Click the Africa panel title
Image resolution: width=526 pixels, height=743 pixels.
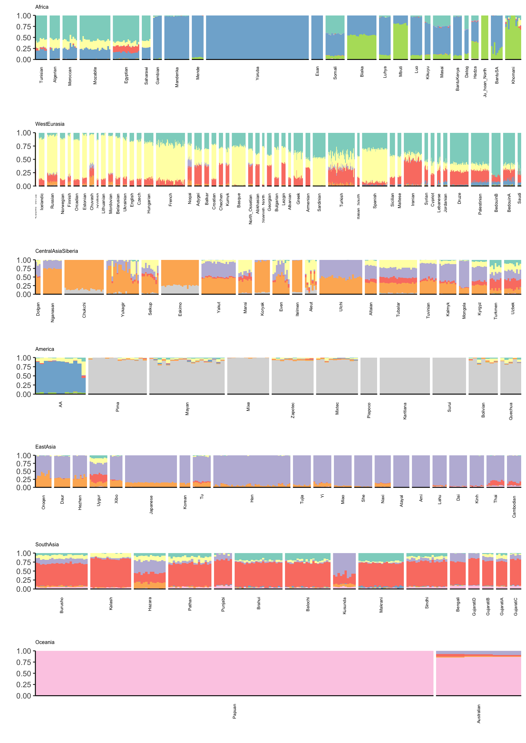[42, 7]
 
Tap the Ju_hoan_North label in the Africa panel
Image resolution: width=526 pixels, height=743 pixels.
[485, 82]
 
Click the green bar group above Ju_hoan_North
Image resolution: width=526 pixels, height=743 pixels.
[484, 37]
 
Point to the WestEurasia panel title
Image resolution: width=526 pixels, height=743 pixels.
[50, 124]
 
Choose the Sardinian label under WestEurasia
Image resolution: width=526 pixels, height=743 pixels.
[319, 203]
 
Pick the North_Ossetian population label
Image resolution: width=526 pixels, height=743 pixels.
[250, 209]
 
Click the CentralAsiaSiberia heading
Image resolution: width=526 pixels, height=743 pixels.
[57, 251]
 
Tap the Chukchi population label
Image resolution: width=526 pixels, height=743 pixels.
[84, 310]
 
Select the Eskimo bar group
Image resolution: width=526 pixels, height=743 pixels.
[180, 277]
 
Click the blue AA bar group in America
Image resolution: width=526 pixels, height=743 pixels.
[61, 376]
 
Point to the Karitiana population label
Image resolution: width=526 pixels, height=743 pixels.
[405, 411]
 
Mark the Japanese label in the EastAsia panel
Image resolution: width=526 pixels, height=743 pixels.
[151, 504]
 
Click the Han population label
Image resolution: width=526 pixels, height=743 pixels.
[252, 499]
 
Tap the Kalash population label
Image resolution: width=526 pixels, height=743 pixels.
[111, 604]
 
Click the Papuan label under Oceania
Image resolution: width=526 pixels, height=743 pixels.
[235, 711]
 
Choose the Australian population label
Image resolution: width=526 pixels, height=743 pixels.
[479, 714]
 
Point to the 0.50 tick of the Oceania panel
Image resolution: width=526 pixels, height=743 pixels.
[24, 673]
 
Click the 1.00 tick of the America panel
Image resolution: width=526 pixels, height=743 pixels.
[24, 358]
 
